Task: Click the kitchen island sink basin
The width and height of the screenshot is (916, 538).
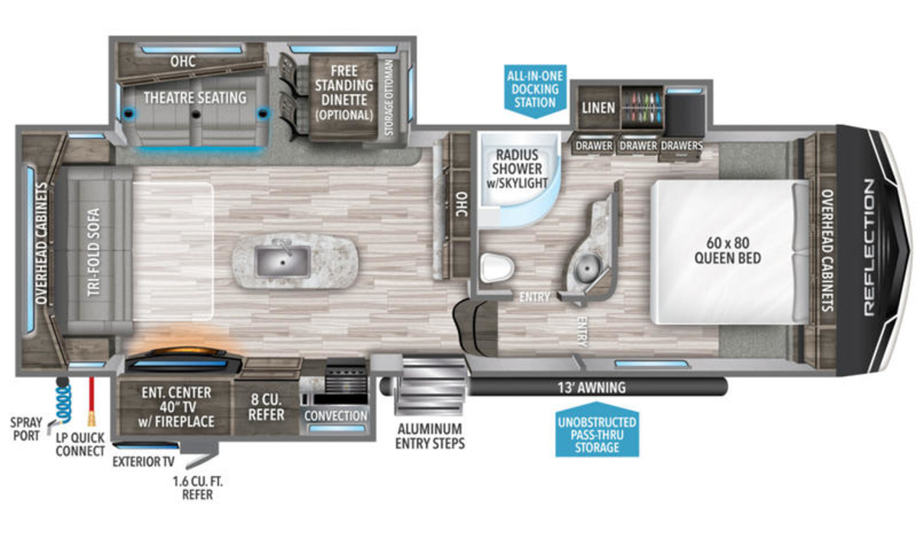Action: click(282, 261)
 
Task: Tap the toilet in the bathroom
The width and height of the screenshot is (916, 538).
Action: click(496, 268)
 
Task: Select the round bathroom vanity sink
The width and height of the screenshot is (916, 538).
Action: click(587, 268)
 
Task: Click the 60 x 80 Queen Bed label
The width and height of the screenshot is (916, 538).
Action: click(727, 250)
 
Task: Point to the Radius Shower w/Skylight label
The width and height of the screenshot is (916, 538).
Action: click(517, 169)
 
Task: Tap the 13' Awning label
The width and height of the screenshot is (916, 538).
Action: click(592, 387)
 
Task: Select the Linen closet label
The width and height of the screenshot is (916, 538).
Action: click(598, 108)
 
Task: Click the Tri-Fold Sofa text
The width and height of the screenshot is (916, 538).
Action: click(94, 251)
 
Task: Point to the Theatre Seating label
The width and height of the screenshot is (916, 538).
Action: click(195, 98)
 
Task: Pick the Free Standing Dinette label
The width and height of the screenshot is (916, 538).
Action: click(344, 93)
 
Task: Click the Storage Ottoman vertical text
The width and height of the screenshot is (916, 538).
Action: click(389, 98)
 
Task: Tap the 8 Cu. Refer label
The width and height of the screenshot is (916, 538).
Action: click(266, 407)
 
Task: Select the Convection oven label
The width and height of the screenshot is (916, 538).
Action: click(336, 416)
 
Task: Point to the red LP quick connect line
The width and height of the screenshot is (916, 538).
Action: click(92, 401)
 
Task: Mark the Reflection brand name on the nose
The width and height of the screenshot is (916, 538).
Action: click(869, 248)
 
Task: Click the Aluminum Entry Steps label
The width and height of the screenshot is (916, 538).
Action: click(430, 436)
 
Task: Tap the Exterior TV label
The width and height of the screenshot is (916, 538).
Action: click(144, 462)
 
